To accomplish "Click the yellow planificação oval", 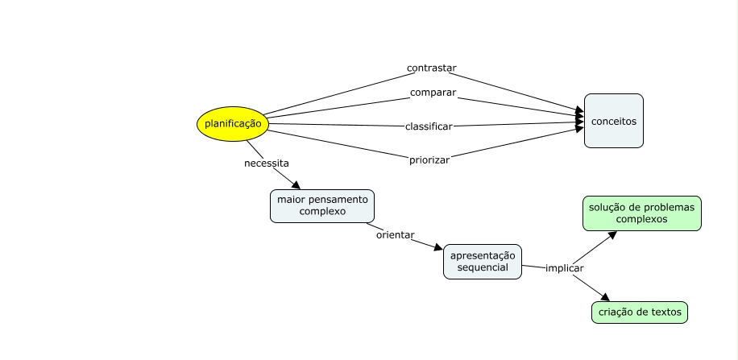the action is (x=233, y=124).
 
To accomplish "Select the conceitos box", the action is (x=614, y=121).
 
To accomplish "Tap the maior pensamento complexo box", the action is (x=322, y=206).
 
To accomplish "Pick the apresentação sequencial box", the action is (x=483, y=262).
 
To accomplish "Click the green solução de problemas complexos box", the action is (x=642, y=213).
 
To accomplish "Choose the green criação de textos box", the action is (x=640, y=312).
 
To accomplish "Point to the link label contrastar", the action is (x=432, y=68).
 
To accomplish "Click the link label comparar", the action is (x=433, y=93).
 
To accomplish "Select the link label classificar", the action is (x=429, y=126).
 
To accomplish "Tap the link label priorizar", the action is (x=429, y=160).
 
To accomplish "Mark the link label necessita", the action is (x=267, y=163).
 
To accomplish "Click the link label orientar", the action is (x=396, y=235).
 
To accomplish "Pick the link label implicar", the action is (x=564, y=268).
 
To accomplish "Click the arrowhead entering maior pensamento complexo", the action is (x=296, y=185).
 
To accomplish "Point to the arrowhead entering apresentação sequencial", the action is (x=438, y=247).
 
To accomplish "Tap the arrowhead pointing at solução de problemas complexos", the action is (x=612, y=235).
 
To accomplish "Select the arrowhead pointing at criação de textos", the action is (x=605, y=297).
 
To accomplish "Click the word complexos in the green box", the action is (x=641, y=219).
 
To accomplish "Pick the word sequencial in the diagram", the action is (x=483, y=267).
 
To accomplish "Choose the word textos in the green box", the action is (x=669, y=312).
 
